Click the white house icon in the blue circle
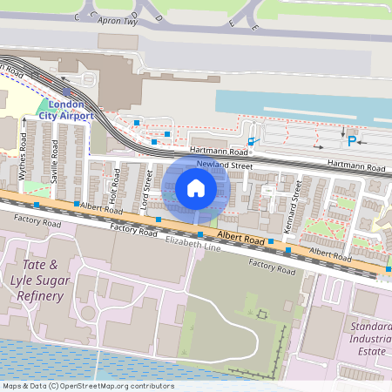(196, 187)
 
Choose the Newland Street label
(224, 165)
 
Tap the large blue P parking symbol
(352, 141)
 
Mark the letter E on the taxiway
(254, 28)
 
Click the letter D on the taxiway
(159, 17)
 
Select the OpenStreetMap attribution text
(88, 386)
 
